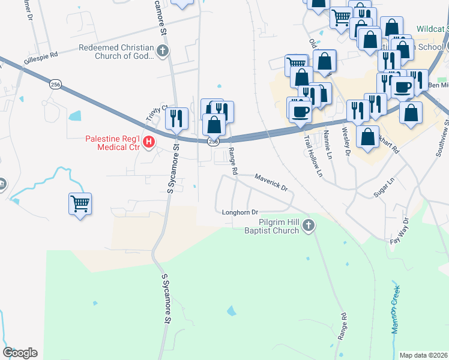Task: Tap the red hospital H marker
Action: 149,143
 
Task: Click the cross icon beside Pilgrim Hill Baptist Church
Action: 309,226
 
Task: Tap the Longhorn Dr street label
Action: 240,212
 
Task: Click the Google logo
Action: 20,353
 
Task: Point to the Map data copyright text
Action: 424,355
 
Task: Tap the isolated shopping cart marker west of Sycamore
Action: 80,205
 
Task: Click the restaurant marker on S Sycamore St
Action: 176,118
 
